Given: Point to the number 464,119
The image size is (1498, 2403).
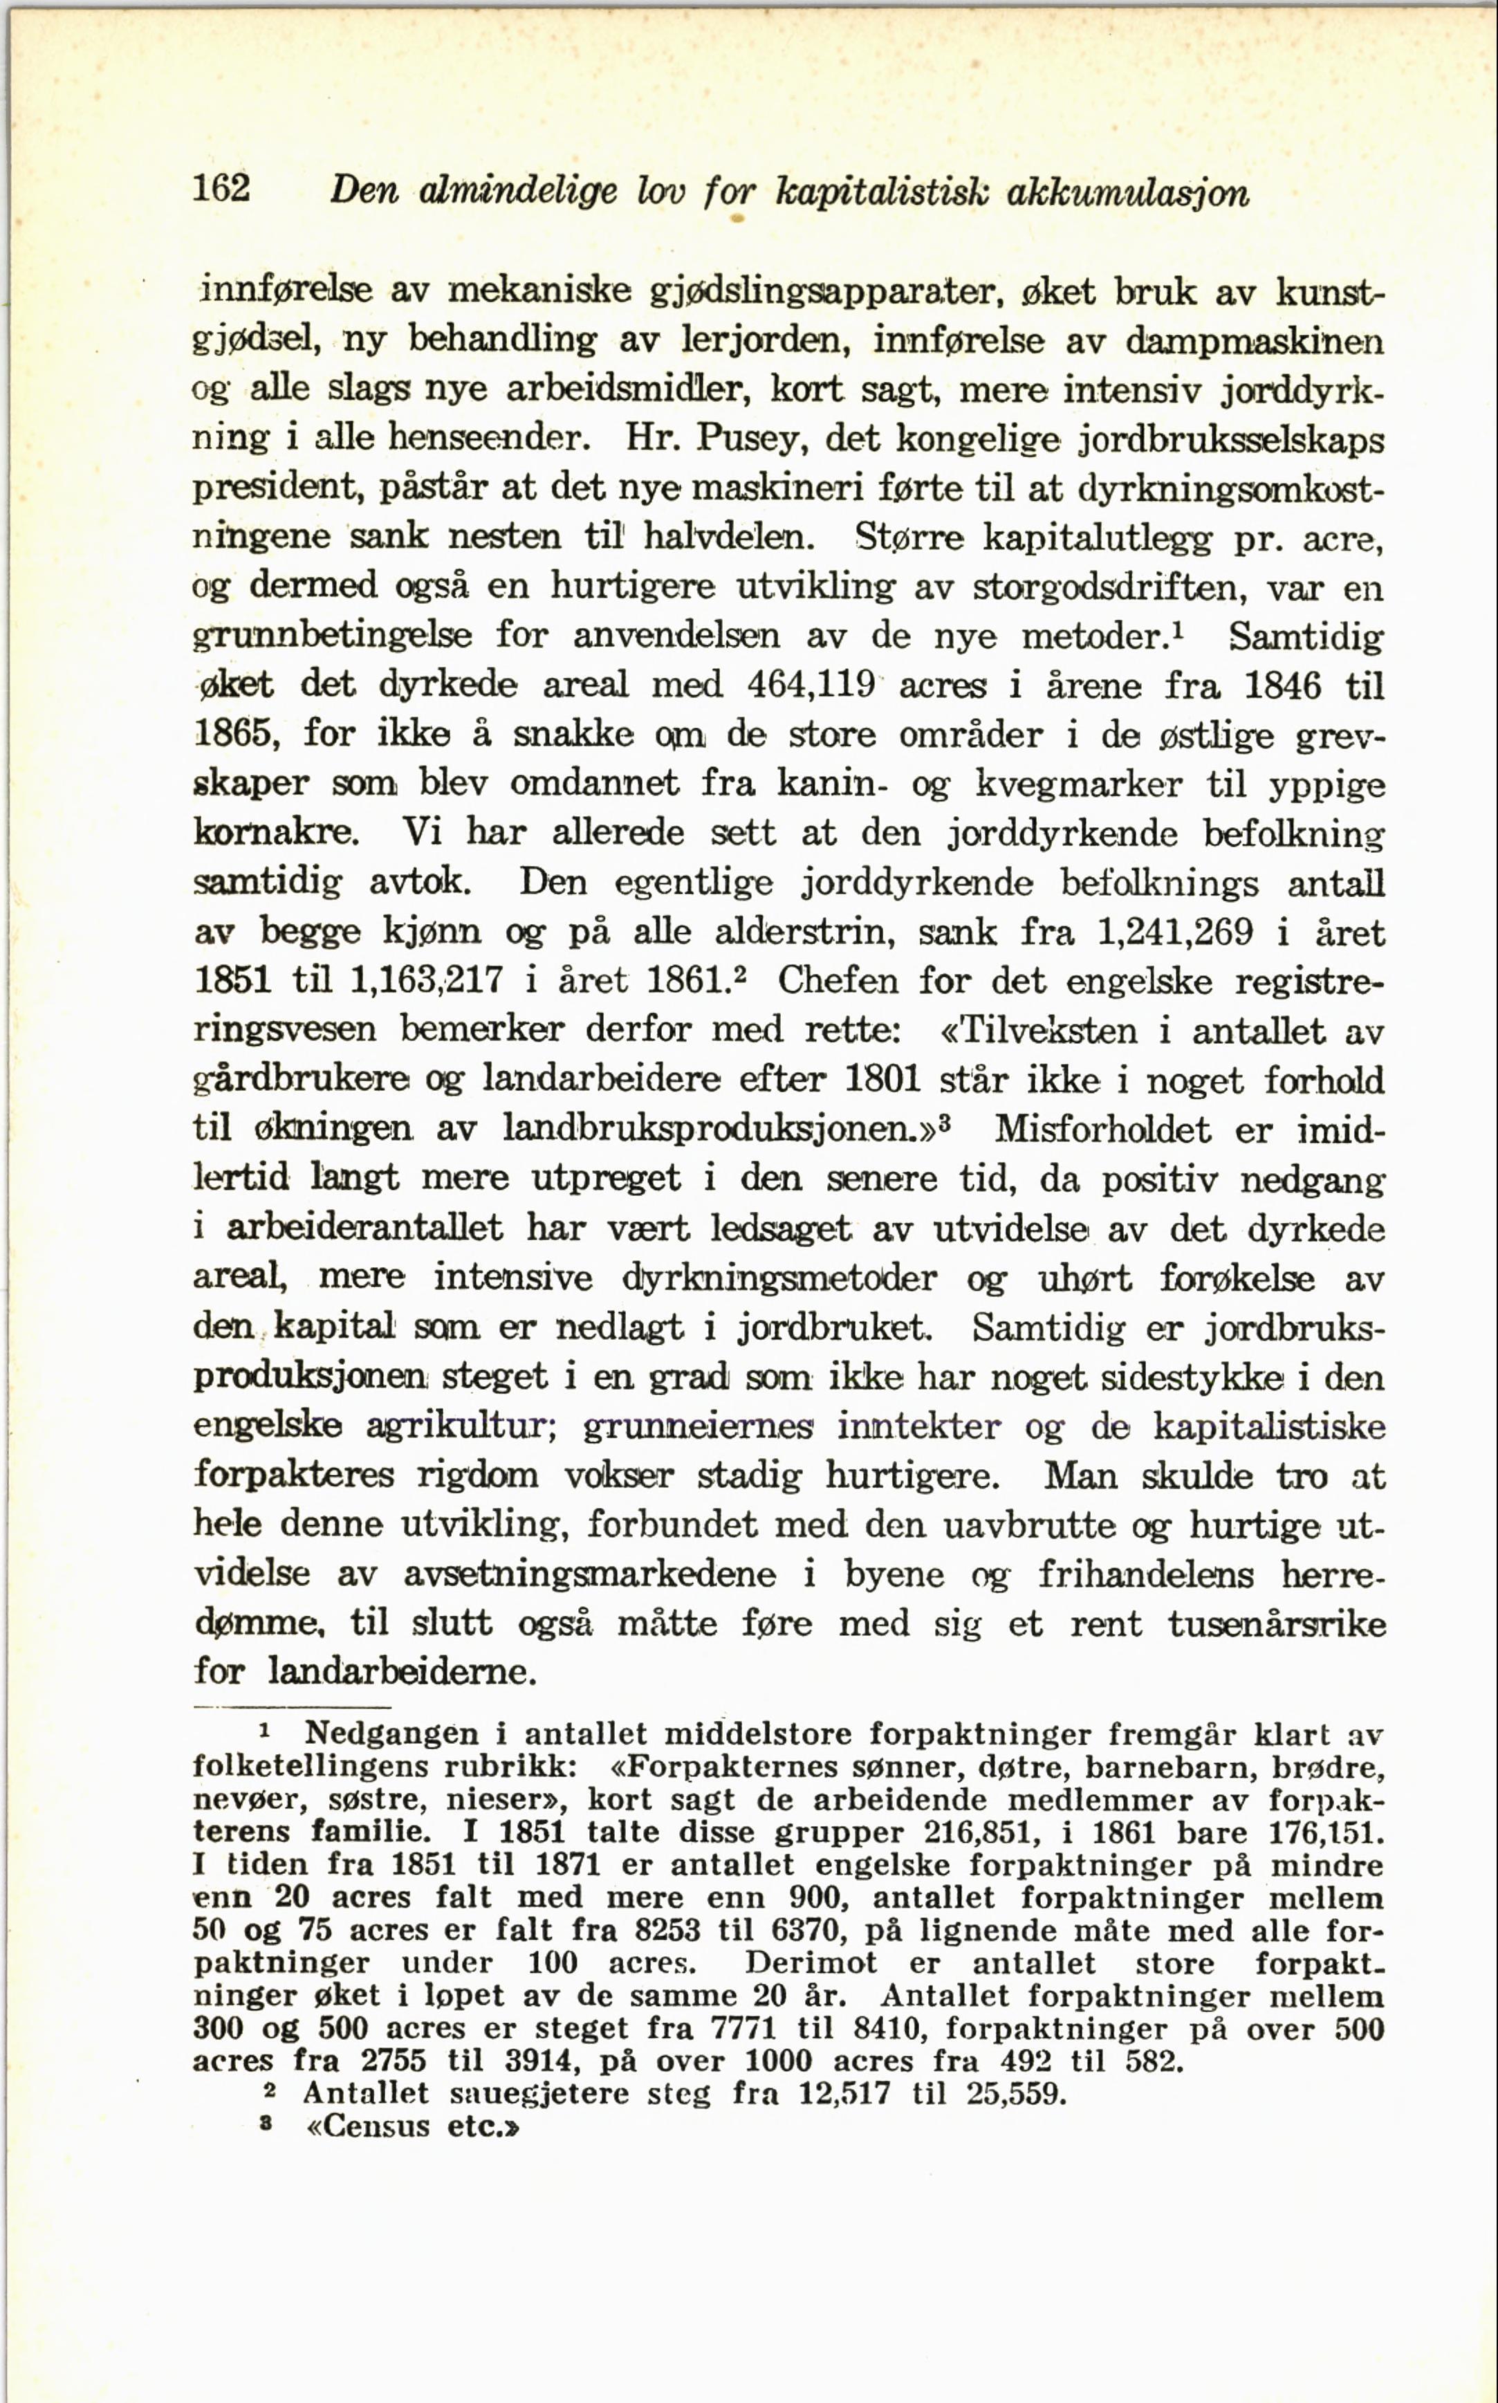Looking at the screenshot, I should pyautogui.click(x=811, y=685).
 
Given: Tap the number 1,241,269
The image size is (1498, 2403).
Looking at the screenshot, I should pyautogui.click(x=1175, y=932).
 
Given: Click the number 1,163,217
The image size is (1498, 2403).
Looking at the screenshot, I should pyautogui.click(x=427, y=980).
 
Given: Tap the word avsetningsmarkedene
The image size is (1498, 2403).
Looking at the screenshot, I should pyautogui.click(x=589, y=1574).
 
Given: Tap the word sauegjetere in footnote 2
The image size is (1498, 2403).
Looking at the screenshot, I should pyautogui.click(x=538, y=2094).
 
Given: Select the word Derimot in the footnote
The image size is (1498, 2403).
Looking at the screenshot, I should pyautogui.click(x=811, y=1962).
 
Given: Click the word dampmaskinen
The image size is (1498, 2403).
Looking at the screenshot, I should pyautogui.click(x=1255, y=341).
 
